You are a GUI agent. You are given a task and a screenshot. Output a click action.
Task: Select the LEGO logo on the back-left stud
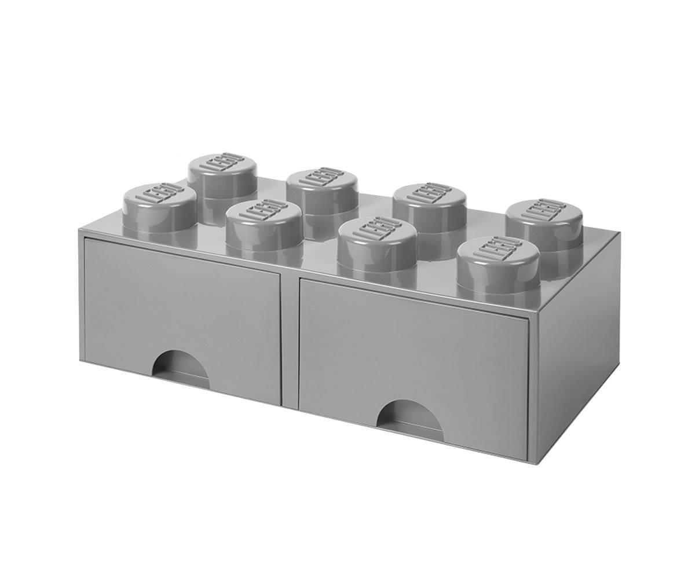222,163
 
